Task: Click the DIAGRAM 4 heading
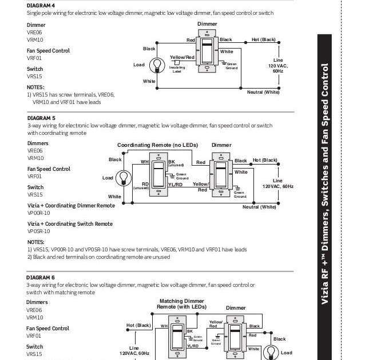[41, 5]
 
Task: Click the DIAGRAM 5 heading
[41, 118]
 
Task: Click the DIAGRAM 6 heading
[41, 277]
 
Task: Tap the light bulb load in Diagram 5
[121, 178]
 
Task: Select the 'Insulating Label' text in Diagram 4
[177, 70]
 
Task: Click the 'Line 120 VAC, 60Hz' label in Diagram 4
[278, 65]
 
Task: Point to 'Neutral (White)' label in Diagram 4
[263, 92]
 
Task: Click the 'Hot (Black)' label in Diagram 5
[264, 161]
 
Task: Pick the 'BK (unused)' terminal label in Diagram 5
[175, 163]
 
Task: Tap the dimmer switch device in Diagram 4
[207, 51]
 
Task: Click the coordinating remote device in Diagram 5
[158, 174]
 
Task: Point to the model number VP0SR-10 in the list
[39, 231]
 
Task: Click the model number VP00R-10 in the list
[39, 213]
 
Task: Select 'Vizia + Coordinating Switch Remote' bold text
[70, 224]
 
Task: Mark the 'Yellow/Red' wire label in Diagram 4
[182, 57]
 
